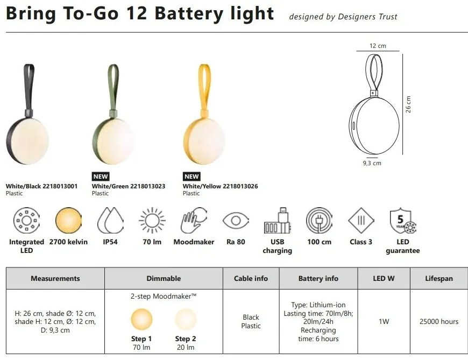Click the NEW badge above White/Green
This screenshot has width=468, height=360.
coord(101,176)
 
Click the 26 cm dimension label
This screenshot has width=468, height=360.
coord(409,104)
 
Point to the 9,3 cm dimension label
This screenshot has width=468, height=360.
coord(372,163)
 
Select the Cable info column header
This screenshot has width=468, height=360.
coord(251,278)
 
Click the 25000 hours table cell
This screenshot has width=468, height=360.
coord(439,321)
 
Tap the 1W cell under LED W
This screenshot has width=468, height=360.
coord(384,321)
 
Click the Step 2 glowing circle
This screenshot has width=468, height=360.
coord(186,320)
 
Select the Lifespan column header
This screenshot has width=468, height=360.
coord(439,278)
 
